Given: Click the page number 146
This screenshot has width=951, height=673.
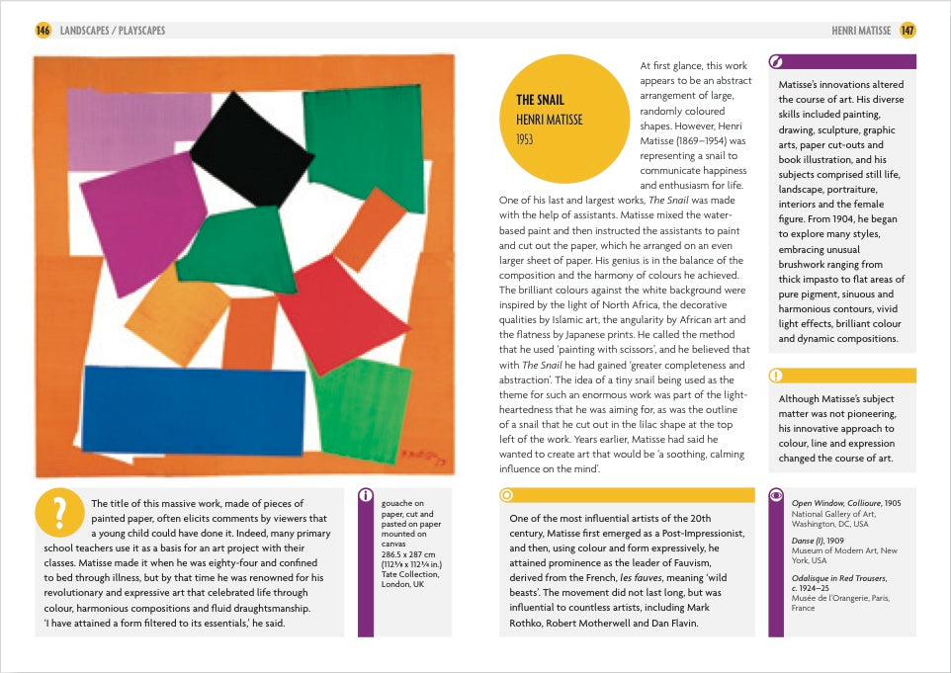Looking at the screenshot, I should click(x=43, y=31).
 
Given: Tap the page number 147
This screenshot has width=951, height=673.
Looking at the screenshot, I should click(x=908, y=31).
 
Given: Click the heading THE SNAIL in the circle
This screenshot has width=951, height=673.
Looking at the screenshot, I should click(x=540, y=100).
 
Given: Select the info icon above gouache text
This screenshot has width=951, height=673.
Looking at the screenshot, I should click(x=367, y=494).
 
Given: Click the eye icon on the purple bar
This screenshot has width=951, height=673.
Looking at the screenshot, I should click(x=776, y=494).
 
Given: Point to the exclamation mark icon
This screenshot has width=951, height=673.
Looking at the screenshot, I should click(x=776, y=376).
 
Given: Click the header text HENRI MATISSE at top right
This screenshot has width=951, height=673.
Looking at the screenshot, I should click(x=861, y=31).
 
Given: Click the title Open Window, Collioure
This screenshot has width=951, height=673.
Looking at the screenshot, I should click(x=836, y=503).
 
